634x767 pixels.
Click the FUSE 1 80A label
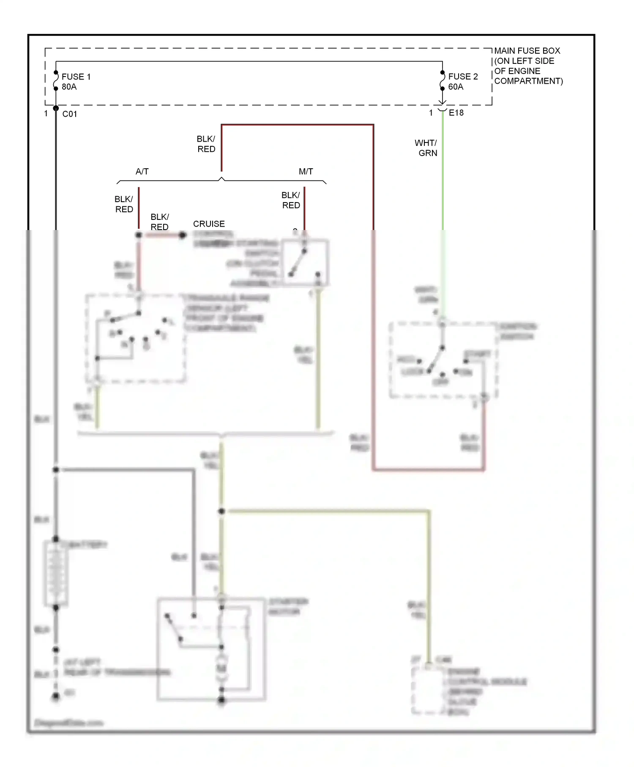click(76, 82)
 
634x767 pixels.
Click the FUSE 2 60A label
click(462, 81)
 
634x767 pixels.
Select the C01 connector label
click(70, 114)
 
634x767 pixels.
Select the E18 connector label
click(456, 112)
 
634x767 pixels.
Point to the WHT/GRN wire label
click(426, 148)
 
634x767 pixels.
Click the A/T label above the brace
click(142, 171)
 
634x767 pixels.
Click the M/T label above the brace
click(306, 171)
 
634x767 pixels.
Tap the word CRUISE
click(209, 224)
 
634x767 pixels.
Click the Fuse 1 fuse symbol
click(56, 80)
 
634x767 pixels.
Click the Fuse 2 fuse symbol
click(442, 80)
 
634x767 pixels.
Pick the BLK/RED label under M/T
click(291, 200)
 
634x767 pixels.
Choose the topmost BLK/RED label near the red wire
click(206, 144)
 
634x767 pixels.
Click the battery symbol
click(56, 573)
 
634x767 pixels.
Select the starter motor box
click(211, 649)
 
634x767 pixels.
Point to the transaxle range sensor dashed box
click(135, 338)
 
